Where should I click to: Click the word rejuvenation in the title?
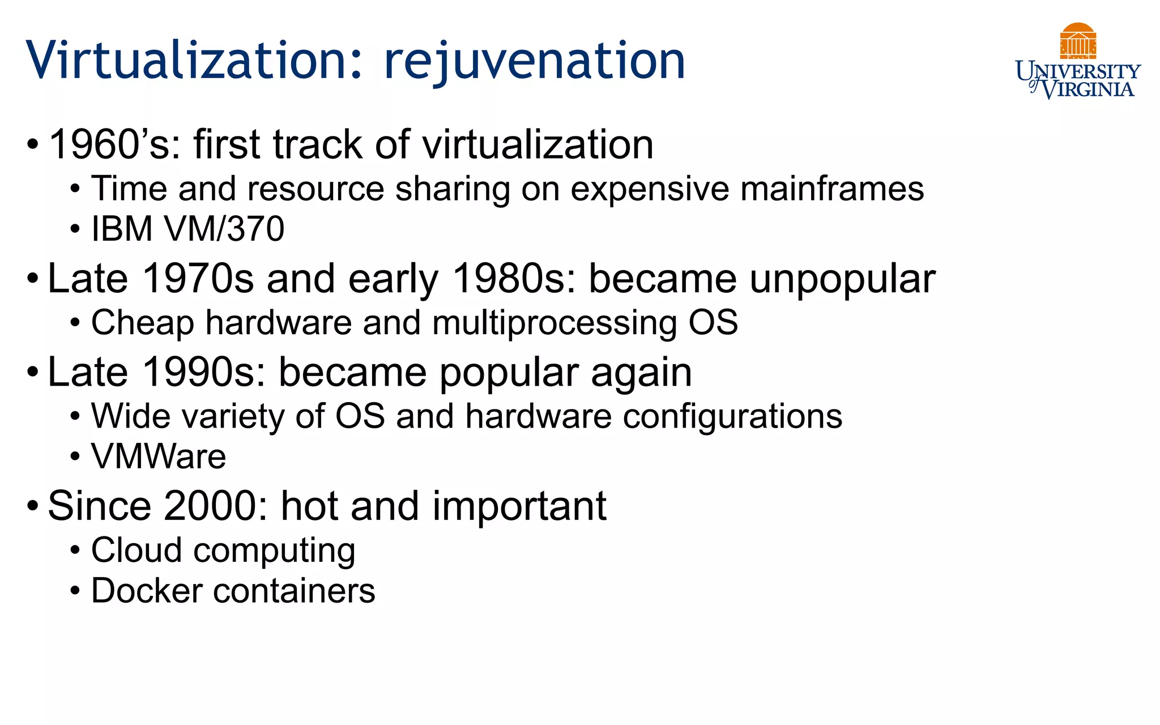click(x=534, y=61)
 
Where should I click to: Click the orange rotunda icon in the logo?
click(x=1078, y=41)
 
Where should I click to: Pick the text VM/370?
click(x=224, y=229)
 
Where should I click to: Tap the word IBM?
click(x=122, y=229)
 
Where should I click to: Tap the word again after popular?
click(x=641, y=374)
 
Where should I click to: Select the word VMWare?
click(x=159, y=457)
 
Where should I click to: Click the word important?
click(x=519, y=506)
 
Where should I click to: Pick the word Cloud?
click(x=137, y=550)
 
